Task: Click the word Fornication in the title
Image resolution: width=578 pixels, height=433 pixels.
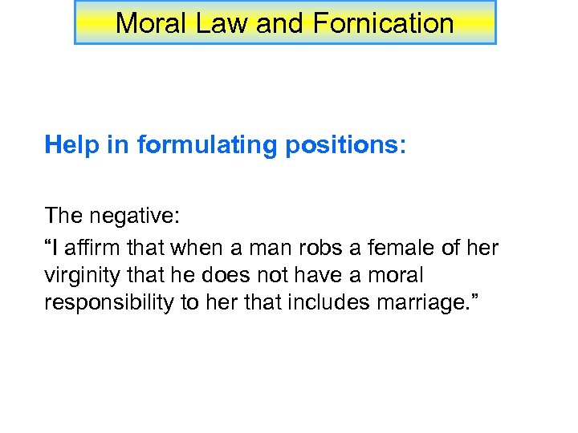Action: (383, 22)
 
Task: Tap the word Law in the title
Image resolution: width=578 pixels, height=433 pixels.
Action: (220, 22)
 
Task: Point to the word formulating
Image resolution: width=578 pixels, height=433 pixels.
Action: (200, 145)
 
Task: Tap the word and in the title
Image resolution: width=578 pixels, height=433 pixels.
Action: (280, 22)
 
